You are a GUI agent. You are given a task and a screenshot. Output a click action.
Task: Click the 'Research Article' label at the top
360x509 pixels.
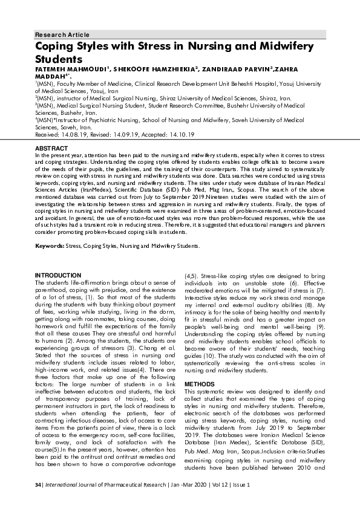click(x=62, y=34)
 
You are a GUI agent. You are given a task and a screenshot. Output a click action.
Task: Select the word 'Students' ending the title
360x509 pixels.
click(x=58, y=59)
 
